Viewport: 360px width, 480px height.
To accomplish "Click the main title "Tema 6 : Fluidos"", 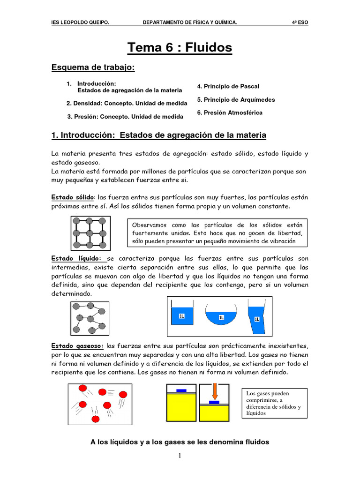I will point(180,47).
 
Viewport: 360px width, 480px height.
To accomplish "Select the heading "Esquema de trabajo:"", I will point(93,68).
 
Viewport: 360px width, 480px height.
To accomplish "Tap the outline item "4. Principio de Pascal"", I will point(228,87).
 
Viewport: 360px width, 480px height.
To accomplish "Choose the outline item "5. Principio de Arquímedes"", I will point(236,100).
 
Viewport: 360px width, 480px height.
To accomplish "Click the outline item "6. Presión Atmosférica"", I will point(230,113).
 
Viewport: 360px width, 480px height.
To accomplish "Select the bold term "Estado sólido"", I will point(73,197).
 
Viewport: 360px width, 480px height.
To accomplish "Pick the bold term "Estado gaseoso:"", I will point(77,346).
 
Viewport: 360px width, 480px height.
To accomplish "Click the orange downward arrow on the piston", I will point(214,391).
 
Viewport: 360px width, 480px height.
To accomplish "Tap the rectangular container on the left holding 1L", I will point(183,315).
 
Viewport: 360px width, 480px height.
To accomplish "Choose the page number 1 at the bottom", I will point(180,456).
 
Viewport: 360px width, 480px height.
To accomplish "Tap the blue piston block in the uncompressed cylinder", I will point(181,390).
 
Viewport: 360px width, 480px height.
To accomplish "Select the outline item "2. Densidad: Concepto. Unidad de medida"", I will point(127,103).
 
